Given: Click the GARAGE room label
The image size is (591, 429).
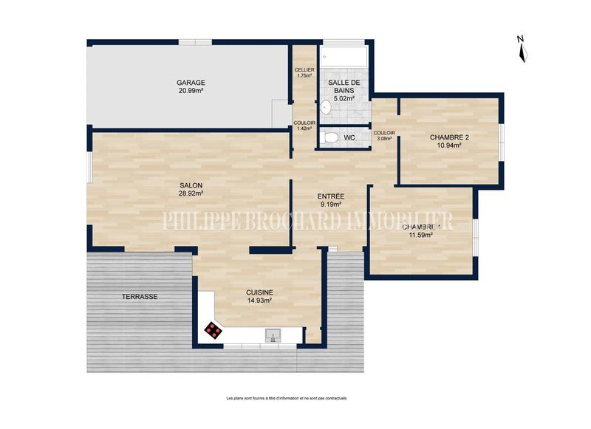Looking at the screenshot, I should (191, 82).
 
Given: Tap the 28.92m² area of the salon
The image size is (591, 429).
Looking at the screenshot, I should (191, 193).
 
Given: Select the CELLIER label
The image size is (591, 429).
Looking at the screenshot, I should (304, 69).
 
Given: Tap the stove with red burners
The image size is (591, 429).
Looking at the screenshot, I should (213, 330).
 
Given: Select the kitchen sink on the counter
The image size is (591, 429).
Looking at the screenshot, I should (273, 337).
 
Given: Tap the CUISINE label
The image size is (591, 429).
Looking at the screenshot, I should (259, 292).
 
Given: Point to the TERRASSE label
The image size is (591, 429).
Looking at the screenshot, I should (140, 296).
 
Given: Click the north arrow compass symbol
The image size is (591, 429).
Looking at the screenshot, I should (521, 48).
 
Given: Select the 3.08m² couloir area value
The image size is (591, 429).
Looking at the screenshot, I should (384, 138).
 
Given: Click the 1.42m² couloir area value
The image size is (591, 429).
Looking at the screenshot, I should (304, 128).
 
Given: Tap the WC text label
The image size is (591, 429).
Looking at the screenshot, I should (349, 137).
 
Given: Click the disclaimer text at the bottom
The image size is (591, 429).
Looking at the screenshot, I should (287, 398).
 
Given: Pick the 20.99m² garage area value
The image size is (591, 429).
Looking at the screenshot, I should (191, 91).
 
